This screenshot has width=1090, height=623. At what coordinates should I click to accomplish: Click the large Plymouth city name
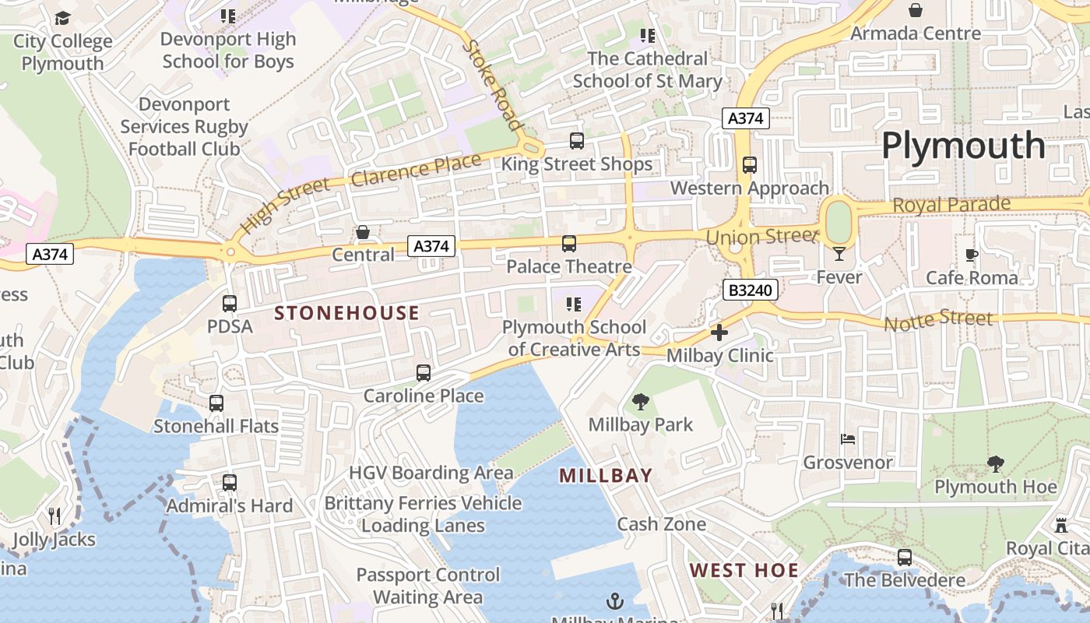pyautogui.click(x=963, y=146)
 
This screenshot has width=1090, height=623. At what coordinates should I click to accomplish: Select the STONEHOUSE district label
pyautogui.click(x=347, y=313)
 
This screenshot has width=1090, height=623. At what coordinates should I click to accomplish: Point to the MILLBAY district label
pyautogui.click(x=606, y=475)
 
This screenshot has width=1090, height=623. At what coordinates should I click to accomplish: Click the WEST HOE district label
pyautogui.click(x=744, y=570)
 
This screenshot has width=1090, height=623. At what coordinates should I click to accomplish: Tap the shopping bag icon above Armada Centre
pyautogui.click(x=916, y=10)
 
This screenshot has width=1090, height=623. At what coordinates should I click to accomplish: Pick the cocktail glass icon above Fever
pyautogui.click(x=839, y=253)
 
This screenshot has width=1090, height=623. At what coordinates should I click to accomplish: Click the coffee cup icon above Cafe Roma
pyautogui.click(x=971, y=255)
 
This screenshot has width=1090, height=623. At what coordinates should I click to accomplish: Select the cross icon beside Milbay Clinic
pyautogui.click(x=719, y=333)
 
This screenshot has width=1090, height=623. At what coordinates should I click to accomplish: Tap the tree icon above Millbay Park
pyautogui.click(x=641, y=402)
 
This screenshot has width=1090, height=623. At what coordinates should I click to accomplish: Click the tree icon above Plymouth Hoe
pyautogui.click(x=995, y=465)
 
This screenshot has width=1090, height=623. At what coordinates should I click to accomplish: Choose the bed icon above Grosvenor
pyautogui.click(x=848, y=439)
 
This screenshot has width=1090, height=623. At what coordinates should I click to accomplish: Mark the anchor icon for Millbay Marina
pyautogui.click(x=615, y=601)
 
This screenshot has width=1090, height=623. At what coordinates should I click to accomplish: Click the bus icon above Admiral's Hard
pyautogui.click(x=230, y=483)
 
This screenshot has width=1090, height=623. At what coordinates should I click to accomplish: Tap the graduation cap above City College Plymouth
pyautogui.click(x=62, y=18)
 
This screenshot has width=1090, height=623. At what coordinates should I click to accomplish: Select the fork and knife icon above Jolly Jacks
pyautogui.click(x=54, y=516)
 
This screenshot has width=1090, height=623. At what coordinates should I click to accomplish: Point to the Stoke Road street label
pyautogui.click(x=492, y=84)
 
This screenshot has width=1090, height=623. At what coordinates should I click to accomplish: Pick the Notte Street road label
pyautogui.click(x=938, y=319)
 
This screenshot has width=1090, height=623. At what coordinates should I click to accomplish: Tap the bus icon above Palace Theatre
pyautogui.click(x=569, y=244)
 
